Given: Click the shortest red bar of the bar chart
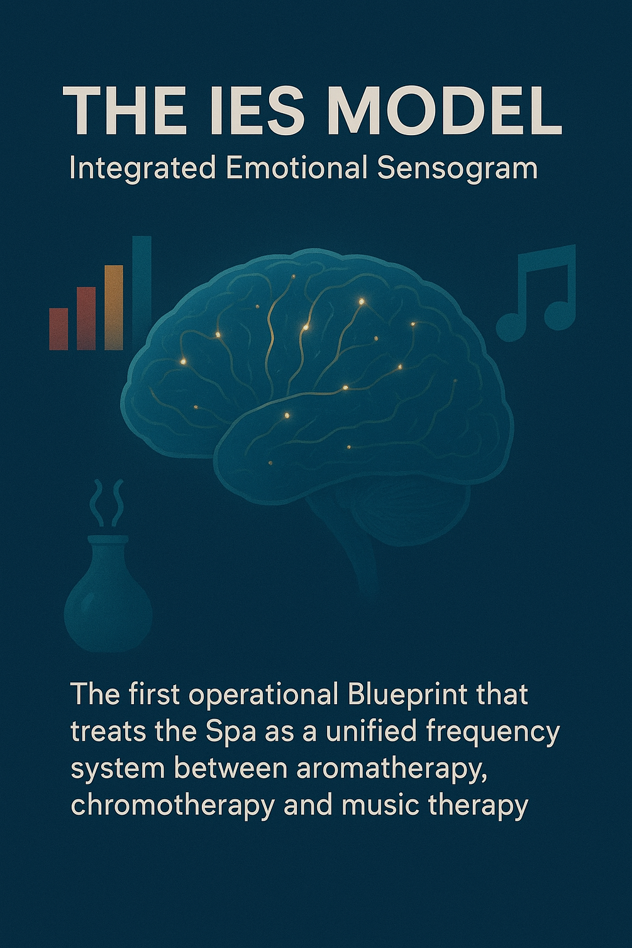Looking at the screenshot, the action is [58, 329].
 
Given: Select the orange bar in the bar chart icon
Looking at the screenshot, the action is [114, 307].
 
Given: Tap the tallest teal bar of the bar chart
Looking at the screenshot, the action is [142, 293].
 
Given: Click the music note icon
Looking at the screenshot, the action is [536, 293].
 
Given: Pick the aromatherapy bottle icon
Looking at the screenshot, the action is [108, 594].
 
